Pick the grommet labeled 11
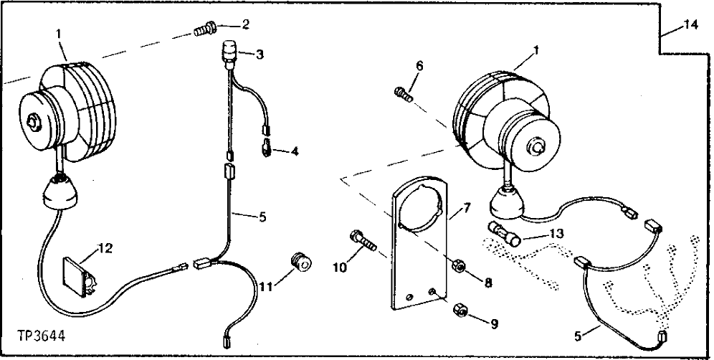coord(301,262)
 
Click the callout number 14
coord(690,24)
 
